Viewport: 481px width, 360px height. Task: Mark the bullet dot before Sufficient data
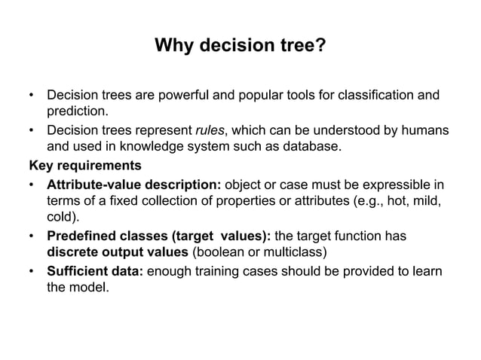pyautogui.click(x=31, y=270)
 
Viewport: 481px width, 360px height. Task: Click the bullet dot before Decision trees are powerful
pyautogui.click(x=31, y=96)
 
